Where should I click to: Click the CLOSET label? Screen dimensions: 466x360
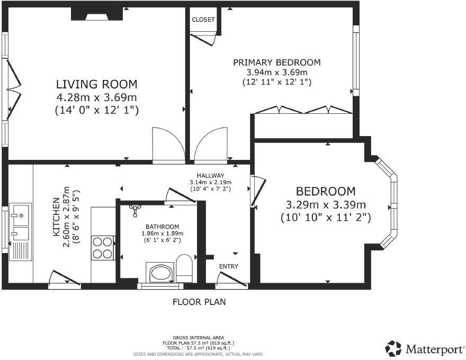203,20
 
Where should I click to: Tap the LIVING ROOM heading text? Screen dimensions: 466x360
97,84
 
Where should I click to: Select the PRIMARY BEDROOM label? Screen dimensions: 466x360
276,62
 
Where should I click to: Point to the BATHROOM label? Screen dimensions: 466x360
162,227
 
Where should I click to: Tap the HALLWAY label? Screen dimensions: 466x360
210,176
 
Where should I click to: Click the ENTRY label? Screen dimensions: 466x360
229,266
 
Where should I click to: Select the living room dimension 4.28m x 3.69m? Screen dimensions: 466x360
96,97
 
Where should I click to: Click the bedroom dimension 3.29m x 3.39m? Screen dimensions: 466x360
326,205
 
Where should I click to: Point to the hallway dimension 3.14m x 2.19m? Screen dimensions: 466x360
210,182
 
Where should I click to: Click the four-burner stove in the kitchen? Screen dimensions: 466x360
103,248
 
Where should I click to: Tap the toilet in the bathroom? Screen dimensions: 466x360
184,268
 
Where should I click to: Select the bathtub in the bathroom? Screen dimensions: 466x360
159,272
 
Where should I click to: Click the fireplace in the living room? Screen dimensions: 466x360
97,14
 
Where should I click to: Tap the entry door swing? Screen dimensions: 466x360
231,281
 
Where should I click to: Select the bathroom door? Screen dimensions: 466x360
181,196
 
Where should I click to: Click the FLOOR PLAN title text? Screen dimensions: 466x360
199,302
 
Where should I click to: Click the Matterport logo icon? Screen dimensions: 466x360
393,348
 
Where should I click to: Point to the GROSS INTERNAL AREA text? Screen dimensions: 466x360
199,338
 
